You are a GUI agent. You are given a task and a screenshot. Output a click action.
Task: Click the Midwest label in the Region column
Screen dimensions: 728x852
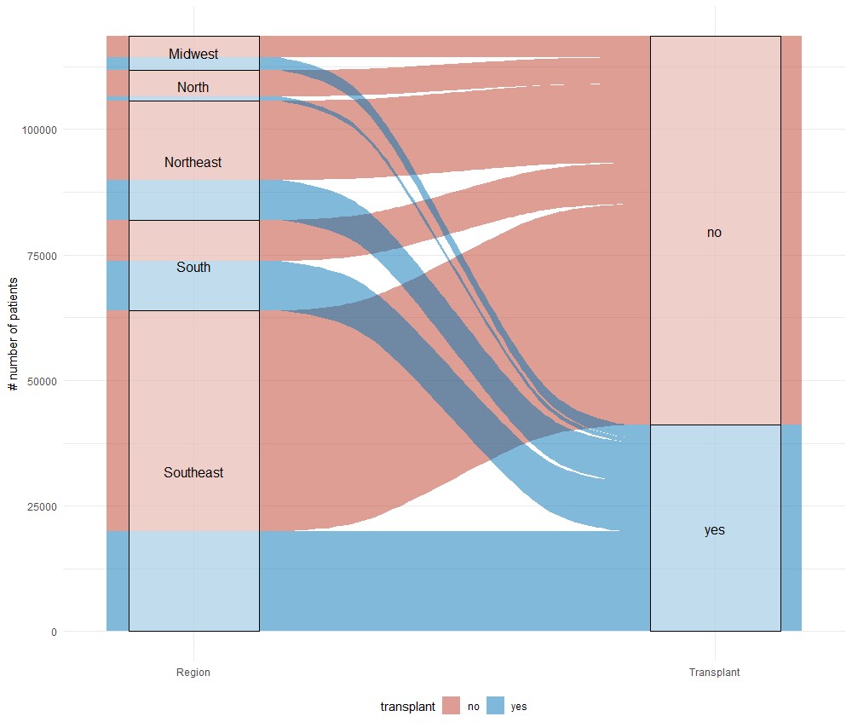[x=193, y=55]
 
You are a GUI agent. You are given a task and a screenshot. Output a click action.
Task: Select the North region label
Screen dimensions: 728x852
[x=193, y=88]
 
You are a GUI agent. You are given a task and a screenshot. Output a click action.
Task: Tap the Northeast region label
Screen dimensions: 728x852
[x=193, y=162]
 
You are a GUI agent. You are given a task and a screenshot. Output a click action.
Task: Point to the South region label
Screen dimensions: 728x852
[x=193, y=268]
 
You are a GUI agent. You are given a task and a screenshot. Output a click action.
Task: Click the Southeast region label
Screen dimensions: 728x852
[x=193, y=472]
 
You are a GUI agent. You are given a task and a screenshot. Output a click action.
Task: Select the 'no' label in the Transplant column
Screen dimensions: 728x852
[x=714, y=233]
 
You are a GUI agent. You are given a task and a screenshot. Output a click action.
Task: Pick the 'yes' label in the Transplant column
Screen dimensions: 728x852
[x=714, y=530]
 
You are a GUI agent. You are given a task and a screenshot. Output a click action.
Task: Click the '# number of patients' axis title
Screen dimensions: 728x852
[x=13, y=334]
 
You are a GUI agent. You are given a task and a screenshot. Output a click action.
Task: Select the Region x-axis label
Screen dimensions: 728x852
[x=193, y=673]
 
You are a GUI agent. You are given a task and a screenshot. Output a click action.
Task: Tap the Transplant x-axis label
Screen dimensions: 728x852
[x=714, y=673]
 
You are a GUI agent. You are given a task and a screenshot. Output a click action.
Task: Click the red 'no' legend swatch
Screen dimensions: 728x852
[x=452, y=706]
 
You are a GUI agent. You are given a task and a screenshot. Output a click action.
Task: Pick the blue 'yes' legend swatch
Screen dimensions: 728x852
[x=494, y=706]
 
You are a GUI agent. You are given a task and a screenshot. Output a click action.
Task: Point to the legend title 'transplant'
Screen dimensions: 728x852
[x=408, y=707]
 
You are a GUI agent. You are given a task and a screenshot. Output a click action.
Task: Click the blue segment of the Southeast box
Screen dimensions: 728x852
[x=193, y=581]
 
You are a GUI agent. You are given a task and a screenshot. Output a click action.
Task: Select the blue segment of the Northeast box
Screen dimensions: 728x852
[x=193, y=199]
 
